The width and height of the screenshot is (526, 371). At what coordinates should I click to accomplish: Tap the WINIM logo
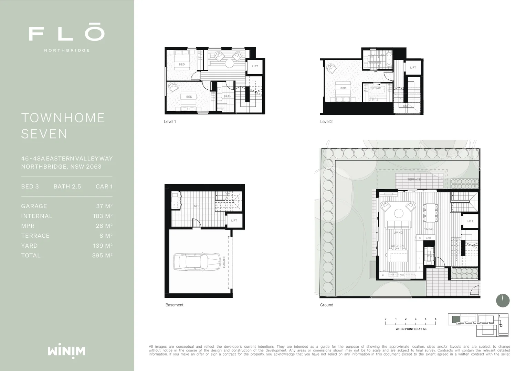point(66,351)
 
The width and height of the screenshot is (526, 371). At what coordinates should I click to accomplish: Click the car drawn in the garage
point(197,262)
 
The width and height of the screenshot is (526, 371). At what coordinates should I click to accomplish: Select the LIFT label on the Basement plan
point(234,221)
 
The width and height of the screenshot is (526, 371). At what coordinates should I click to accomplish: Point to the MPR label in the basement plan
point(197,206)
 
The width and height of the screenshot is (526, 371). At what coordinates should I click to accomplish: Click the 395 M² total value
point(102,256)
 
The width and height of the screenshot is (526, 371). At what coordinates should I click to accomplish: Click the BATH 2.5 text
point(67,187)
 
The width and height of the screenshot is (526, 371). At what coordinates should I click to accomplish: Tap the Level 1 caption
point(170,122)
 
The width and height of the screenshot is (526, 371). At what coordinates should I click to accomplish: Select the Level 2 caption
point(326,122)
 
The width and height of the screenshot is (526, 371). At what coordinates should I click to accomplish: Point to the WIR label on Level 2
point(378,89)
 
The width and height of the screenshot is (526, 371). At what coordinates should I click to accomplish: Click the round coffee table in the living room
point(399,214)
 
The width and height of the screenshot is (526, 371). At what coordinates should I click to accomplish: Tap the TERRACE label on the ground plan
point(414,180)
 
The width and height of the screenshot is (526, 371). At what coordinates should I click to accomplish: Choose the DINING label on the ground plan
point(428,229)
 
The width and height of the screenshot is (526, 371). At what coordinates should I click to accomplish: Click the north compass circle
point(503,301)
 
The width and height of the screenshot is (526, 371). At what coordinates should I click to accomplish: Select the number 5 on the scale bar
point(435,319)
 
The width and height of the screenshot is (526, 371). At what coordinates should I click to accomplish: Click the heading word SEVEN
point(44,134)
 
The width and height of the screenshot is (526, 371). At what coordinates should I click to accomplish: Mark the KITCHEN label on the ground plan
point(397,246)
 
